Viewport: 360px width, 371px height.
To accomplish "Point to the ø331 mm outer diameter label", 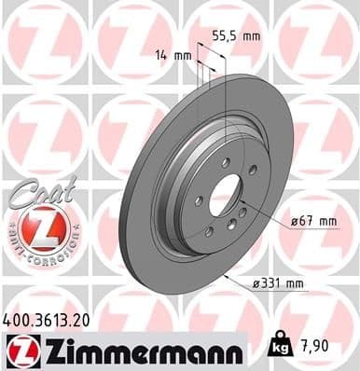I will point(282,283).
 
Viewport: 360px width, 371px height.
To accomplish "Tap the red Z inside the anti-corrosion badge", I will point(35,228).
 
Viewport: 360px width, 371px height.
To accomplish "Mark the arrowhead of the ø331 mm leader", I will point(227,278).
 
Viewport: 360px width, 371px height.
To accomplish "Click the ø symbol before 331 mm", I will point(256,283).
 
